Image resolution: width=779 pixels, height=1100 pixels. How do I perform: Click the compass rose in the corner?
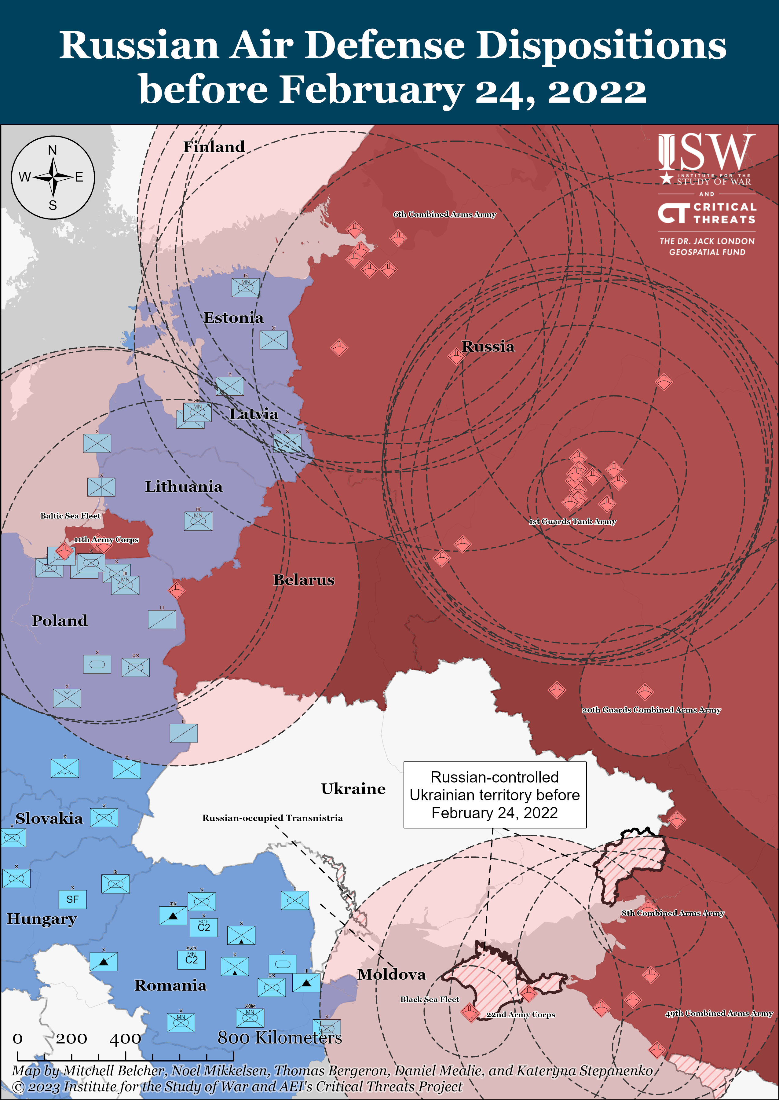53,178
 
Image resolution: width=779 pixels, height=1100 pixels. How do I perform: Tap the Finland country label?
214,147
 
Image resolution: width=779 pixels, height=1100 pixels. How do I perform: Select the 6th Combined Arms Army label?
444,215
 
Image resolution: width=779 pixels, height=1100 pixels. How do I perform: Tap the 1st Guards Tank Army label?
572,522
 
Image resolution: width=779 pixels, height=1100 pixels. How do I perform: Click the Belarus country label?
304,580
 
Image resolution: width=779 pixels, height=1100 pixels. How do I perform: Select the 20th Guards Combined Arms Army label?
651,710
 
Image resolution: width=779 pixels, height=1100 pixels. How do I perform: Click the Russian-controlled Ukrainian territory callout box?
495,795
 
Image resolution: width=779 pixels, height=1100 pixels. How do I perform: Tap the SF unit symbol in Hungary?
72,900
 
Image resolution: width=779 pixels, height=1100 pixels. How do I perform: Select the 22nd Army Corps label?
521,1015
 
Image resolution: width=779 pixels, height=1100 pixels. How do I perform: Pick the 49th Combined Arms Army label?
719,1013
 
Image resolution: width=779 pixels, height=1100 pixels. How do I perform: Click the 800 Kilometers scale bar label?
280,1038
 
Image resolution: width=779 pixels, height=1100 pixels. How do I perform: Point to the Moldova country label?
391,974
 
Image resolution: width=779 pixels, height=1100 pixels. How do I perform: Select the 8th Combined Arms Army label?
672,913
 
